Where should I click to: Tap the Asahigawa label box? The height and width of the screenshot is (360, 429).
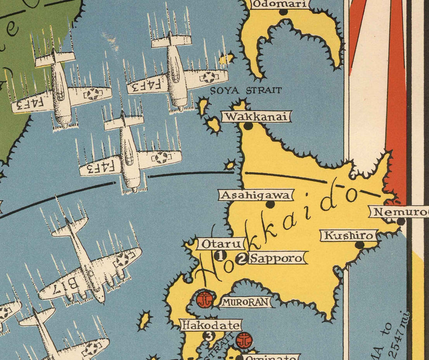[x=256, y=195]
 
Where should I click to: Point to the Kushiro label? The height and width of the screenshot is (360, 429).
[x=348, y=236]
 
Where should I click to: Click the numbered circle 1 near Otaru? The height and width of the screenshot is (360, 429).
[x=220, y=256]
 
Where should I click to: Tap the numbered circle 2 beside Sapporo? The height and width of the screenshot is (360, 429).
[x=242, y=259]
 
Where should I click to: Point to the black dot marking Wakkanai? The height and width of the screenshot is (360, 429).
[x=248, y=126]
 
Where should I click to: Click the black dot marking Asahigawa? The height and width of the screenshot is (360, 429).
[x=270, y=204]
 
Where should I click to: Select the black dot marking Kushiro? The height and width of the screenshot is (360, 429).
[x=360, y=245]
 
